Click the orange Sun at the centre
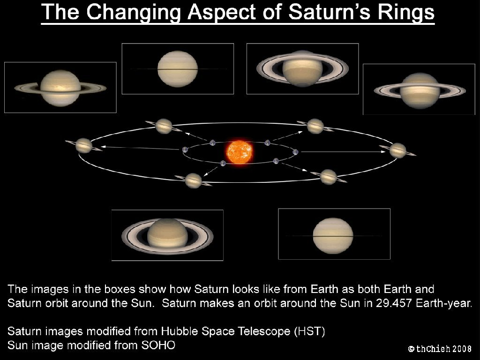pos(240,152)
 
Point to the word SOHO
pos(158,345)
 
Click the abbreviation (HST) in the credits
pos(309,331)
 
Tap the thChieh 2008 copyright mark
pos(440,349)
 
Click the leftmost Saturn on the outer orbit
pos(84,145)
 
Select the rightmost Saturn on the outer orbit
pos(398,150)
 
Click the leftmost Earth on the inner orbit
pos(185,150)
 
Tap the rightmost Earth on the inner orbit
pos(295,152)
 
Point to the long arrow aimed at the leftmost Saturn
pos(140,148)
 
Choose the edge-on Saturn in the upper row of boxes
pos(178,69)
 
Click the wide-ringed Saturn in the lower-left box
pos(167,236)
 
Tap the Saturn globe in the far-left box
pos(60,88)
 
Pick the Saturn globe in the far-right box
pos(420,90)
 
